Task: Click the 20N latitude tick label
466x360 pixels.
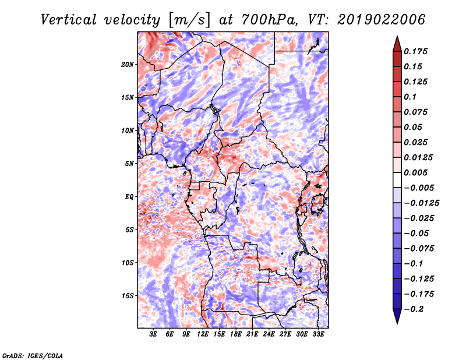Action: (x=128, y=64)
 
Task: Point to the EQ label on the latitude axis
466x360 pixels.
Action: (x=129, y=196)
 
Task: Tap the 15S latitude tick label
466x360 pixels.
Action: (x=128, y=296)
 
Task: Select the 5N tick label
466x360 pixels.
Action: (x=129, y=164)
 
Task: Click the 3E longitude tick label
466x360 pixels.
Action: (x=153, y=334)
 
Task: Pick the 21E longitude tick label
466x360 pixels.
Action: (x=252, y=334)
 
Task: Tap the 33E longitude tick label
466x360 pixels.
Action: (x=318, y=334)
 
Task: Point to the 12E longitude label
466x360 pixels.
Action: (x=203, y=334)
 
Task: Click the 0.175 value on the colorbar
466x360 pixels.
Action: (x=415, y=51)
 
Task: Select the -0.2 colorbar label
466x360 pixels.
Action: (x=414, y=309)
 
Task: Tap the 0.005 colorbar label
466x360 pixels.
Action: (x=415, y=172)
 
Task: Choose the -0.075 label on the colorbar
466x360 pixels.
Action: (x=419, y=249)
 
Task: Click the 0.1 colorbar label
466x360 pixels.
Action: (x=410, y=97)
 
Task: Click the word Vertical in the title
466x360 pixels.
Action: (x=69, y=20)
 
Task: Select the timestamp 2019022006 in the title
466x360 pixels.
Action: (x=381, y=20)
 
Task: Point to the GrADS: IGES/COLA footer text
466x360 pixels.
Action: (x=33, y=355)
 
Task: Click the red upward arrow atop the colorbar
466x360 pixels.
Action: (x=397, y=44)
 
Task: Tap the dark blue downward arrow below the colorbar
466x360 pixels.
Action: (x=397, y=316)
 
